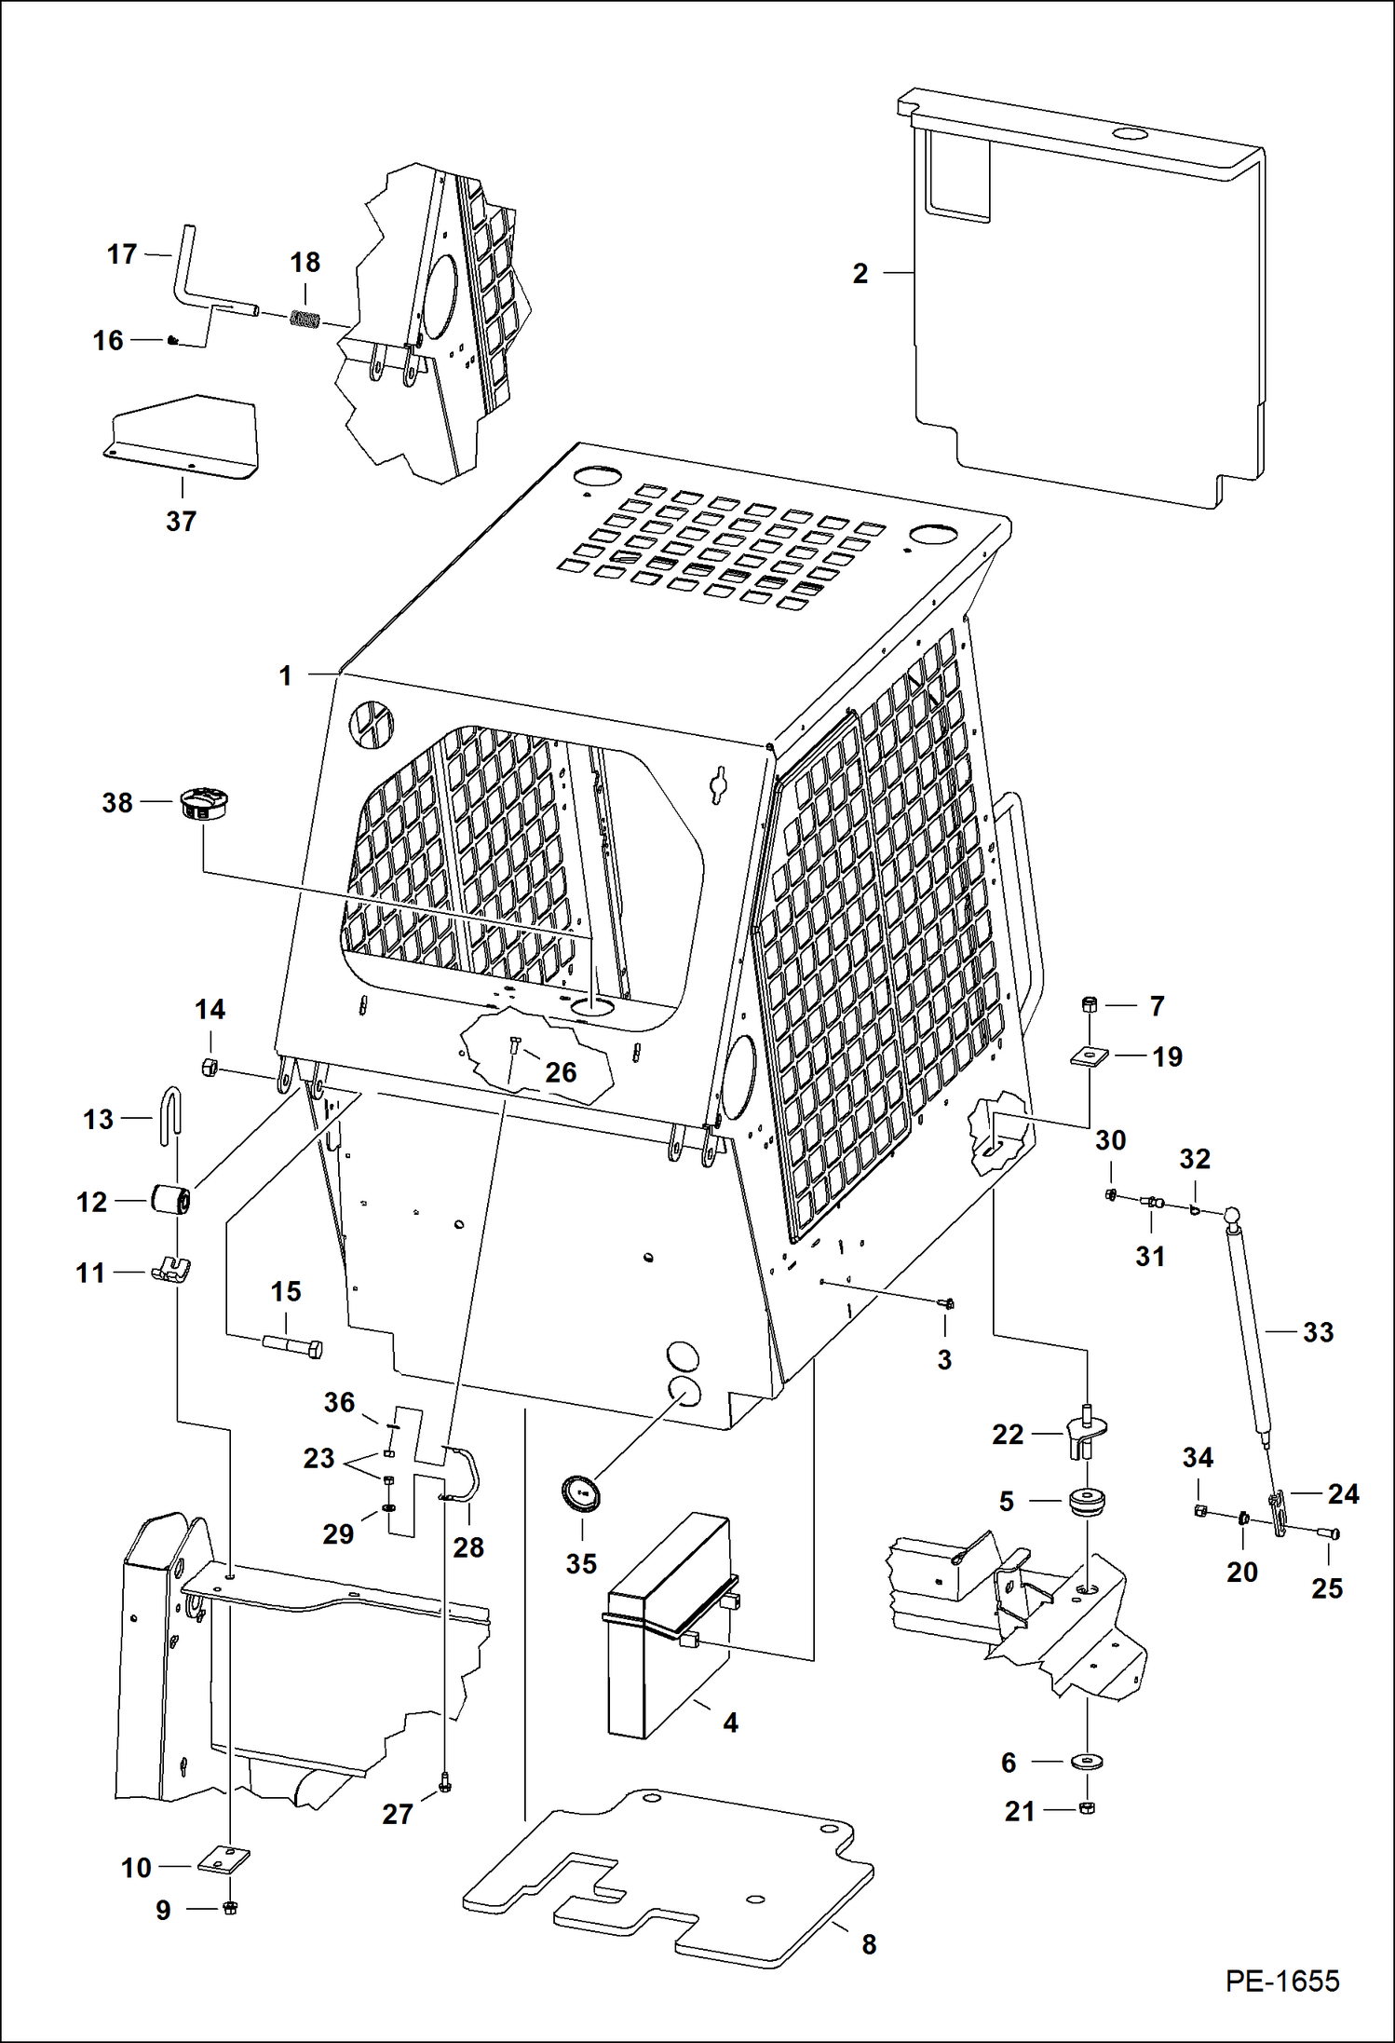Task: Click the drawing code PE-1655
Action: coord(1281,1980)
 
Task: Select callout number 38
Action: coord(117,802)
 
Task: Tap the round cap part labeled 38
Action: coord(205,803)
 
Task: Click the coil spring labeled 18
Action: coord(305,319)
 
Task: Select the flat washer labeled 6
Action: coord(1087,1762)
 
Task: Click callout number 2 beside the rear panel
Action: coord(860,273)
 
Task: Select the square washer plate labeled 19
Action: coord(1087,1056)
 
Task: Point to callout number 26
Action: coord(561,1072)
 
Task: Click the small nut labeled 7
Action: coord(1090,1004)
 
